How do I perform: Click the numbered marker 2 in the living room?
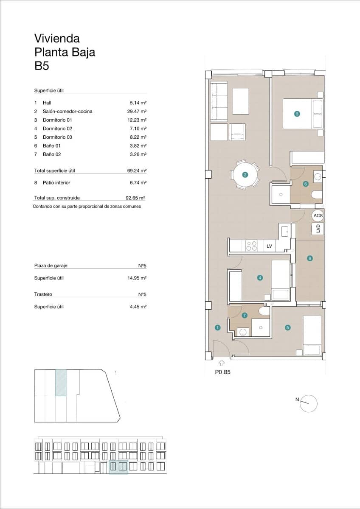[245, 174]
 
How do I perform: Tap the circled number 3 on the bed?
[297, 114]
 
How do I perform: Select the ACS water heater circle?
[318, 215]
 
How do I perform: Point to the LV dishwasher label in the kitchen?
[269, 246]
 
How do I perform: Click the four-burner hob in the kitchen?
[251, 246]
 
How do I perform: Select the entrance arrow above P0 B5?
[222, 363]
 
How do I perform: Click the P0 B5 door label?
[222, 373]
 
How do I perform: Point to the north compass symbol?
[308, 403]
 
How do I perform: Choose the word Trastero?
[43, 294]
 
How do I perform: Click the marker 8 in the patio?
[310, 258]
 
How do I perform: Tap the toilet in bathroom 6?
[317, 195]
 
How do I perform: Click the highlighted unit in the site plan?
[61, 383]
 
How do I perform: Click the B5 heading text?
[42, 66]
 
